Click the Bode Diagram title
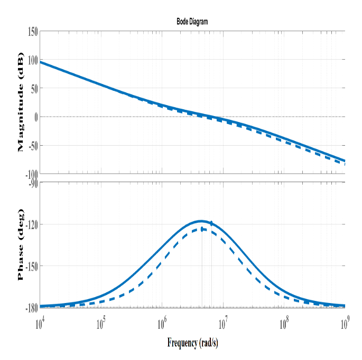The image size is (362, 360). pos(192,22)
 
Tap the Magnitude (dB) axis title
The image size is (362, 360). pos(21,102)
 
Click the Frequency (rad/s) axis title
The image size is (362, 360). pos(192,343)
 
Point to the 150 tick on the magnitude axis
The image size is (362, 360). pos(32,32)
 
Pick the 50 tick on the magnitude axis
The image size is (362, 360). pos(33,88)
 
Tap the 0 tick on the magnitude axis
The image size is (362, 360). pos(36,117)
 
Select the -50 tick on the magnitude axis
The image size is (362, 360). pos(32,145)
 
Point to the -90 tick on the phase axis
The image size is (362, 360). pos(32,184)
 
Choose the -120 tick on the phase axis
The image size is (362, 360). pos(30,225)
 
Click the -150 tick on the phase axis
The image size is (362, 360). pos(30,266)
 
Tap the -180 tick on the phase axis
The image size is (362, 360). pos(30,307)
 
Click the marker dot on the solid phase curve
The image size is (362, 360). pos(211,223)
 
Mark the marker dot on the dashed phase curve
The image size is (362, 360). pos(202,229)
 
